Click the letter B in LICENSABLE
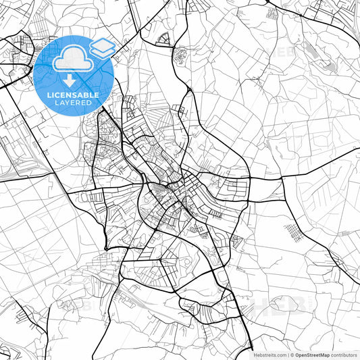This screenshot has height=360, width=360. (84, 95)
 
